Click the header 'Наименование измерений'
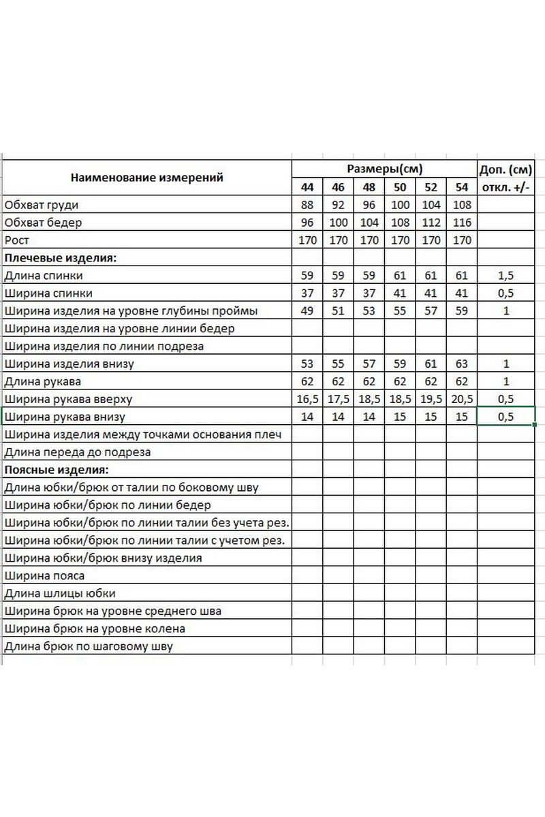147,178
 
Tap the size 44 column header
307,187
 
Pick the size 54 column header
462,187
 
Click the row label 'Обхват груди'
42,205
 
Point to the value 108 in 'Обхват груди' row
462,205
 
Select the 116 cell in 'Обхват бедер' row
462,223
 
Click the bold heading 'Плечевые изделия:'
61,258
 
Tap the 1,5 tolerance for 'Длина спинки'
506,276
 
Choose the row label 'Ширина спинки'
48,293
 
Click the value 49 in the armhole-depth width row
307,311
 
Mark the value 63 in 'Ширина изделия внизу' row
462,364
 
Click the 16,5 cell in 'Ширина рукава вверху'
307,399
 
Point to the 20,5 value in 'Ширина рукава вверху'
462,399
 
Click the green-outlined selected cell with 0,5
506,417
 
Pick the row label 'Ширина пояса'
44,575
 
